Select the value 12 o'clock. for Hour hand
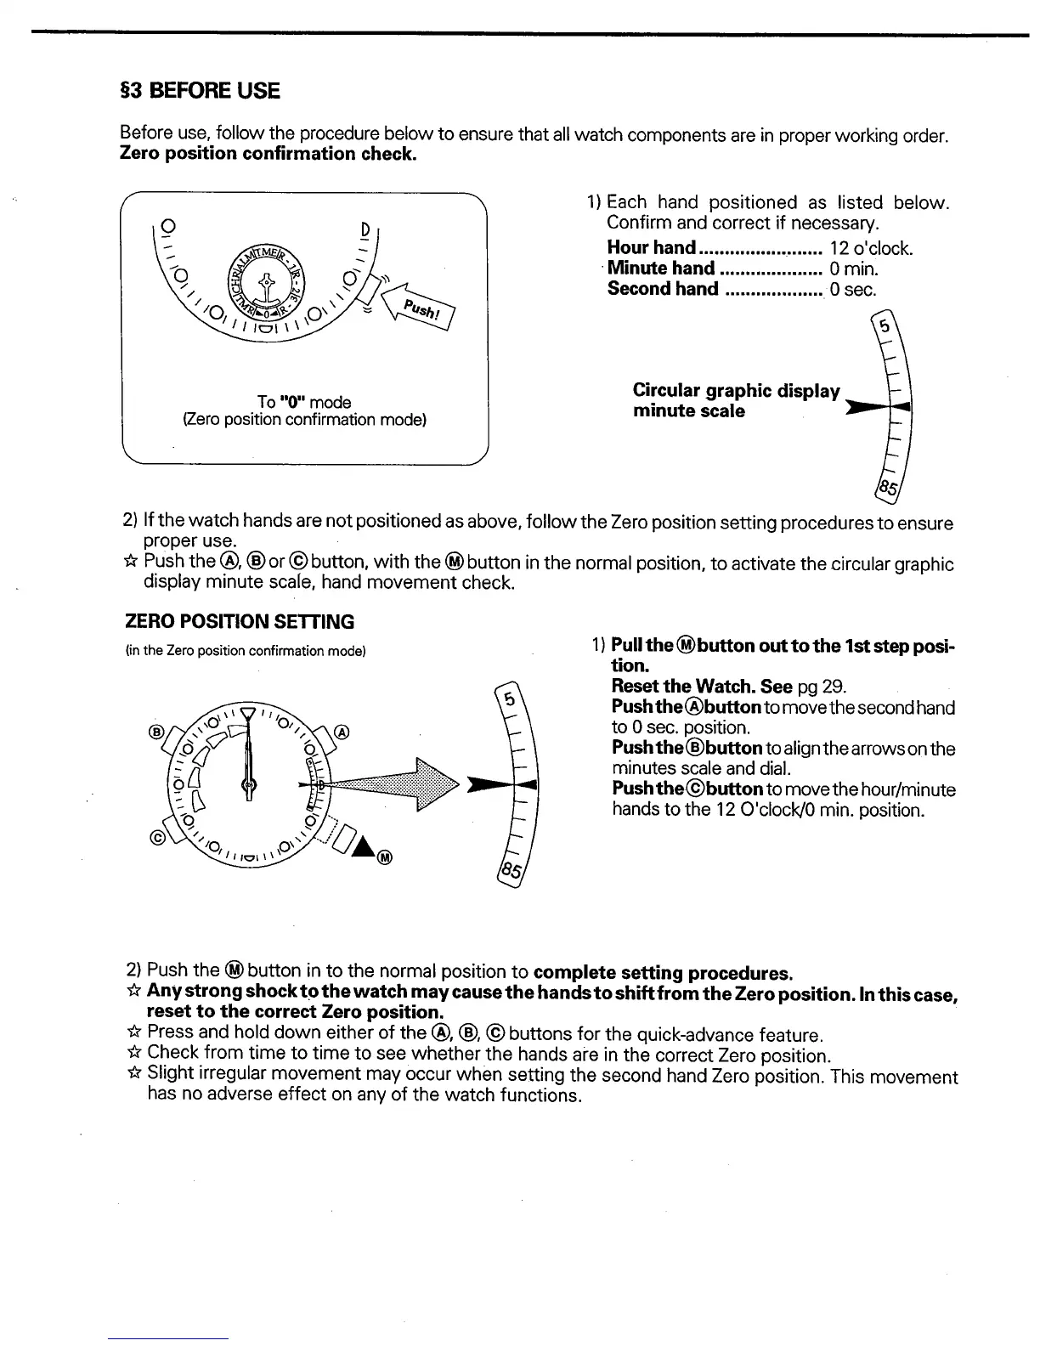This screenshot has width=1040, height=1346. point(871,248)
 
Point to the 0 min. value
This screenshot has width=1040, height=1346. point(854,269)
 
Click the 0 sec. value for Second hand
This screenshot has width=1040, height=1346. point(852,289)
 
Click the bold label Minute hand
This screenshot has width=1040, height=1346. point(661,269)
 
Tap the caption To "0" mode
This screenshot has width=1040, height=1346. point(303,401)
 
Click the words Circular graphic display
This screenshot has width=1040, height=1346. point(736,391)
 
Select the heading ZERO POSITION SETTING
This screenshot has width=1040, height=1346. point(240,621)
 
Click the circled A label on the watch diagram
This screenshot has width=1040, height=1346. point(342,732)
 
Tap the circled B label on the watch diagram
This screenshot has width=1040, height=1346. point(156,732)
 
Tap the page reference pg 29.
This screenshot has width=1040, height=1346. point(822,687)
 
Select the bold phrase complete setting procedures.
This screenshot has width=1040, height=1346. point(664,971)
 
